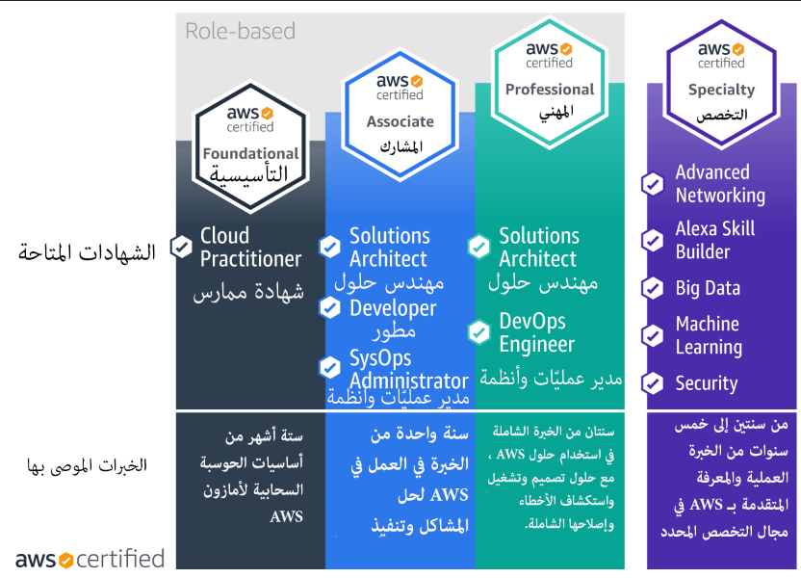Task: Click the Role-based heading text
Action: [240, 31]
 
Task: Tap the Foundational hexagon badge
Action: [250, 146]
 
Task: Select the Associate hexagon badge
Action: [400, 115]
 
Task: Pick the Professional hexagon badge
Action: [550, 83]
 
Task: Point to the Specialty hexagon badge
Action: [721, 83]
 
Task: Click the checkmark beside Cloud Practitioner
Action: [181, 248]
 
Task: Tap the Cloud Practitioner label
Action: [250, 248]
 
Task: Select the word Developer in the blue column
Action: [393, 308]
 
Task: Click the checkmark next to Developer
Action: [330, 307]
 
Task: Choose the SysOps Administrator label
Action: [408, 370]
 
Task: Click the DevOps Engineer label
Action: [536, 332]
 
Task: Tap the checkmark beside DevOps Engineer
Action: [479, 332]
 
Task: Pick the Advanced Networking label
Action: [720, 184]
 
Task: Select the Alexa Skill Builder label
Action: [715, 240]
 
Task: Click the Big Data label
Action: [708, 288]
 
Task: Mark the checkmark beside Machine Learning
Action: [653, 336]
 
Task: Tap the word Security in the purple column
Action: [707, 383]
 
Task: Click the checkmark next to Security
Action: [653, 383]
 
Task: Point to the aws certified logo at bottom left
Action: [90, 559]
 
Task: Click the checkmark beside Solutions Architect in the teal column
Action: [479, 248]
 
